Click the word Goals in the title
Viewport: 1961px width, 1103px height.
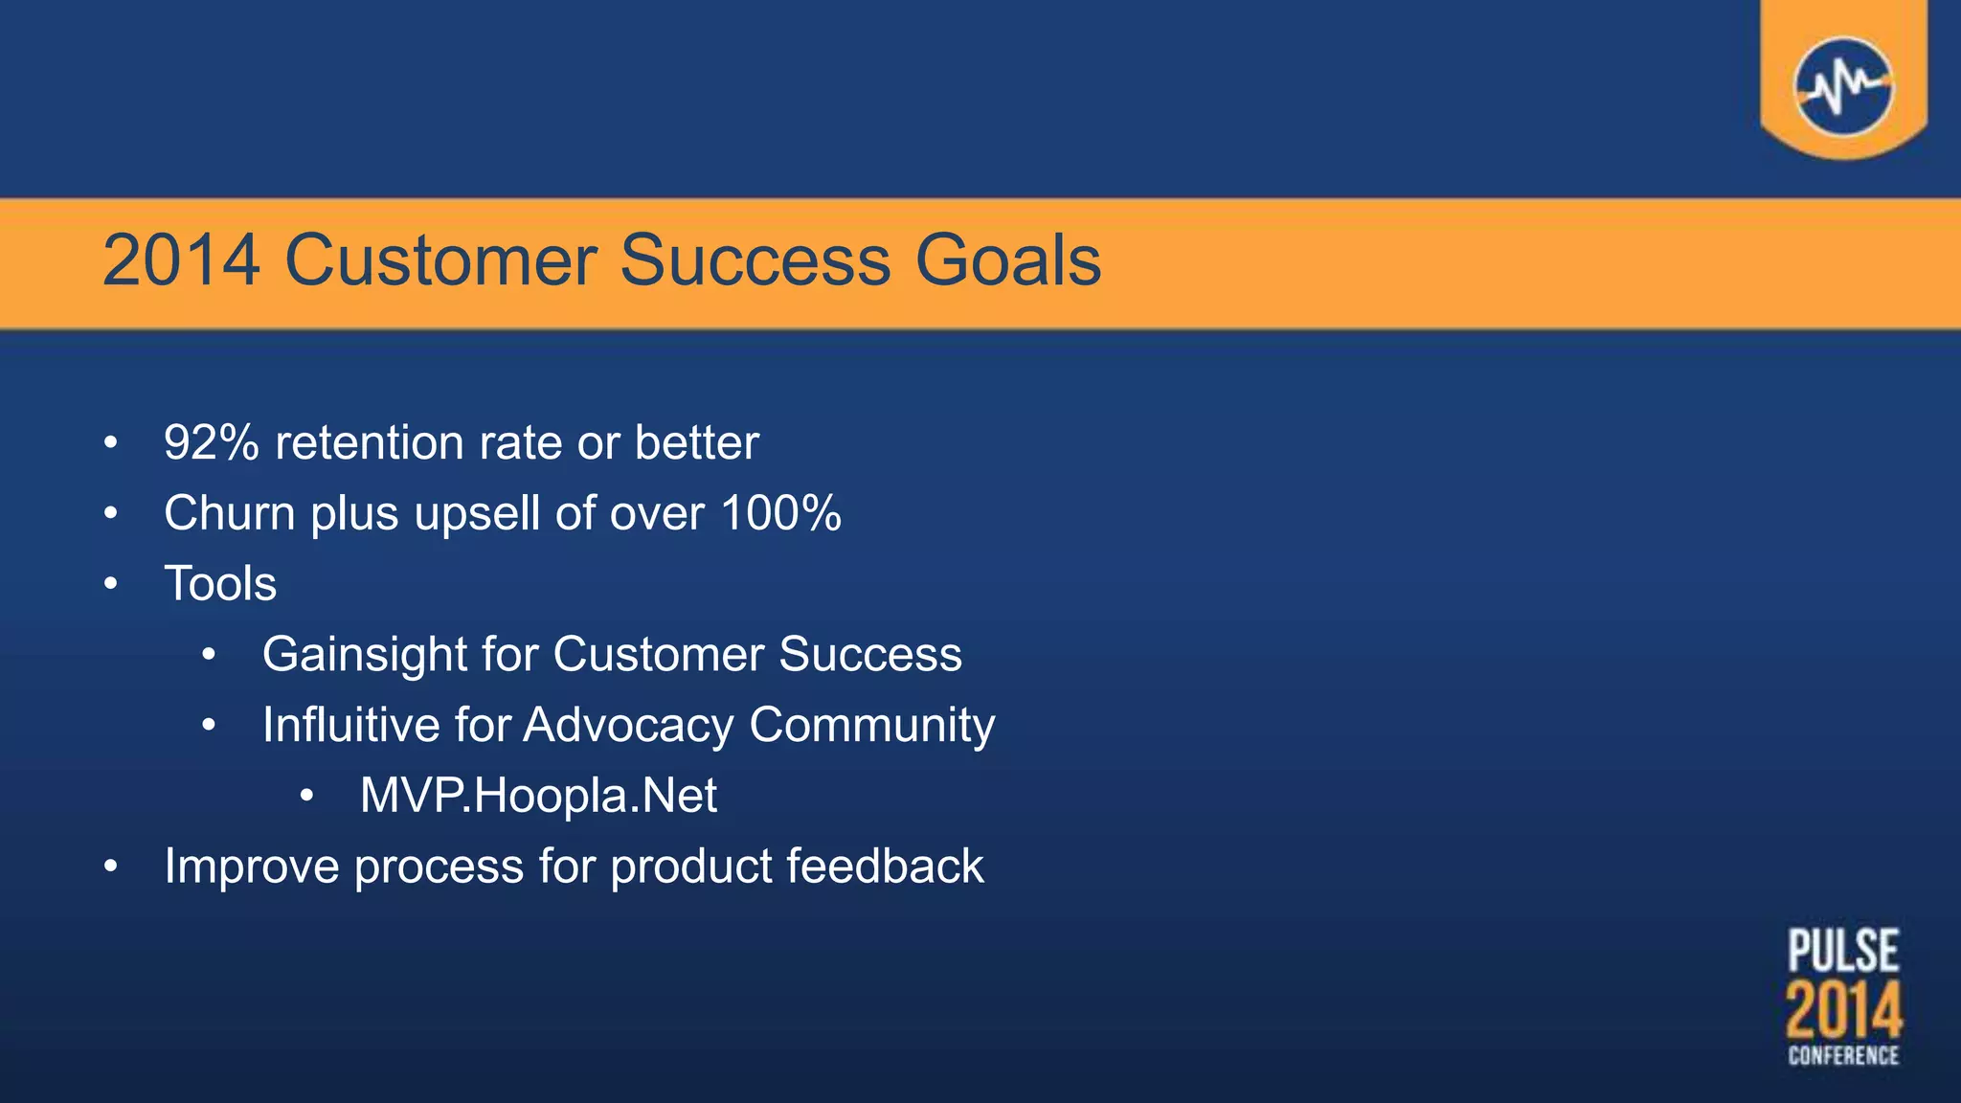[1007, 260]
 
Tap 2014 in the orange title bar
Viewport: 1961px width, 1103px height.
[181, 260]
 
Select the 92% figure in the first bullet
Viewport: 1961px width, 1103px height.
[211, 442]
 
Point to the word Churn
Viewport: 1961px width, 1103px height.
[230, 513]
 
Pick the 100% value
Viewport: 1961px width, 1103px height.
[780, 513]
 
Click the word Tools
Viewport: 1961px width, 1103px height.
[220, 584]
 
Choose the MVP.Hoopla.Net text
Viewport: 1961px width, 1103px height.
[538, 796]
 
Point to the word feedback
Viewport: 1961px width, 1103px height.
[885, 867]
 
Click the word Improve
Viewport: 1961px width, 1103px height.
[251, 867]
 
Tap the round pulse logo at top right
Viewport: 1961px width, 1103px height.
[1842, 86]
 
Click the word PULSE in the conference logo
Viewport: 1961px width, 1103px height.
[1843, 951]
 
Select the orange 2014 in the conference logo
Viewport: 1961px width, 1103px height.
[1843, 1011]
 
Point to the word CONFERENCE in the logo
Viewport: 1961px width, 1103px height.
[1843, 1055]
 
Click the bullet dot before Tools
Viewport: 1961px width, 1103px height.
[111, 584]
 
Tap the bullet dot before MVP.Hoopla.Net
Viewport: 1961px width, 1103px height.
[306, 796]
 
